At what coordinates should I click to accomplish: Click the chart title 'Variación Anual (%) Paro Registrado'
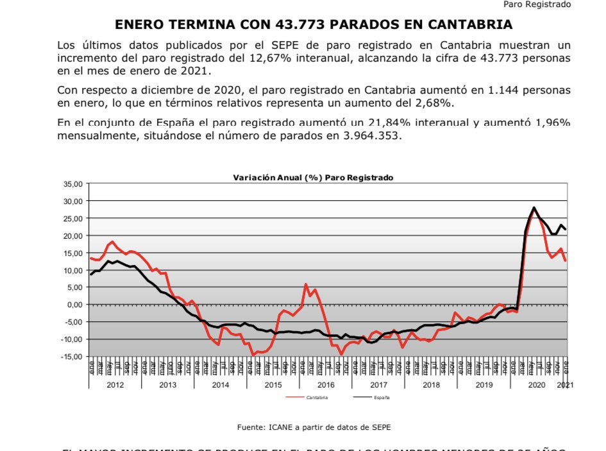(x=312, y=177)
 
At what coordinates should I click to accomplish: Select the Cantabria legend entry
(x=316, y=398)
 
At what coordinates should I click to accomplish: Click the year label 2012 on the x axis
(x=115, y=385)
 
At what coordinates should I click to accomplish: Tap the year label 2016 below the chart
(x=326, y=385)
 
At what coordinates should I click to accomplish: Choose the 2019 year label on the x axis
(x=484, y=385)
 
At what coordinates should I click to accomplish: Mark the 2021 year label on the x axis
(x=565, y=385)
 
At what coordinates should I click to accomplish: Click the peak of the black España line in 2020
(x=534, y=208)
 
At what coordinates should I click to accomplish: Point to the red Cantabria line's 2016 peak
(x=306, y=284)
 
